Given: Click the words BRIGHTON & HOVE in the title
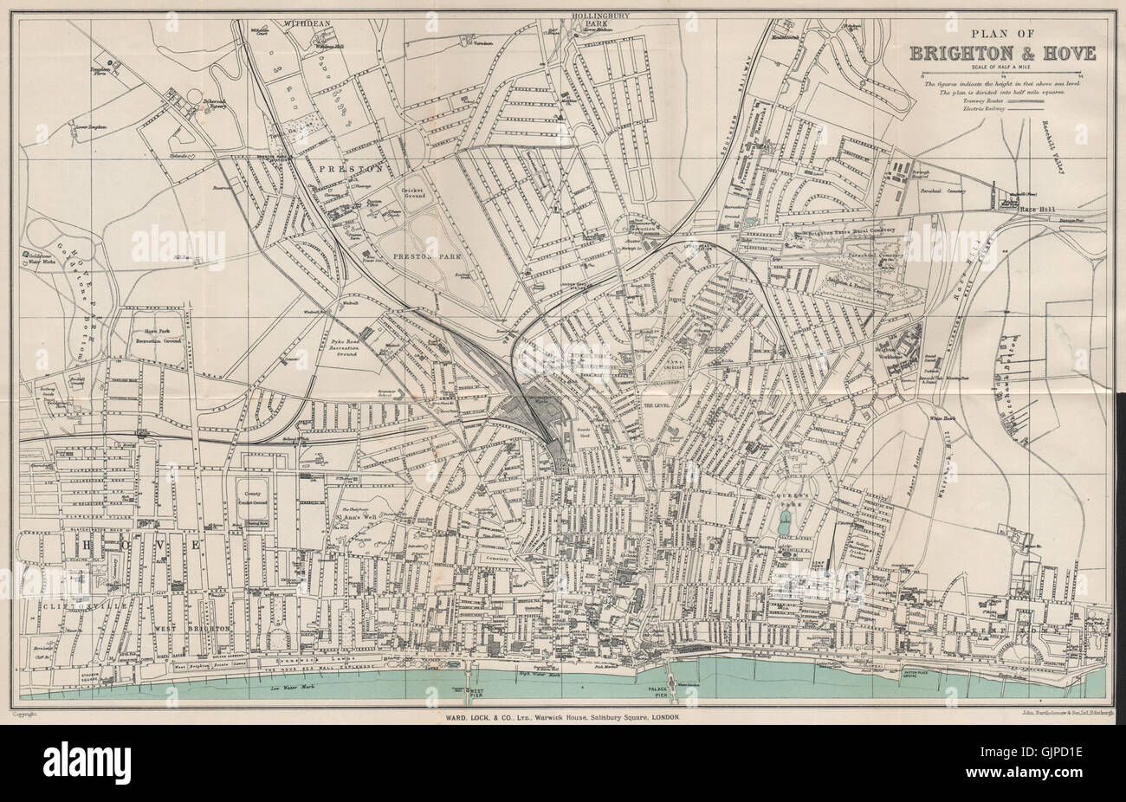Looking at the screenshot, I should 1002,53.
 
